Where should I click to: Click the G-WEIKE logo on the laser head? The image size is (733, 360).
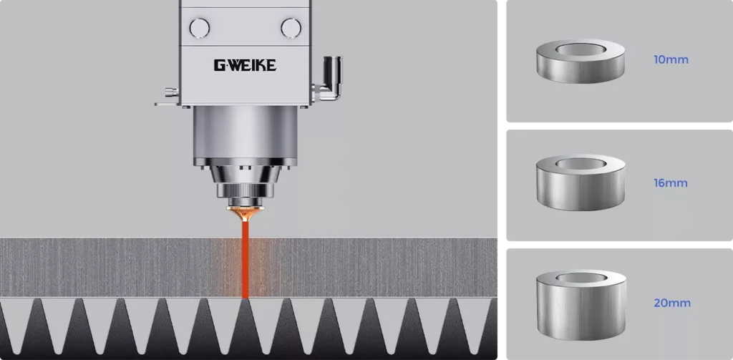click(x=244, y=66)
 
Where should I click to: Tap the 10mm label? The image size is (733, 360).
click(x=671, y=59)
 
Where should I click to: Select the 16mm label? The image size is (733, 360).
click(x=671, y=183)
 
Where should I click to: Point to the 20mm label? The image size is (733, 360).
click(x=672, y=303)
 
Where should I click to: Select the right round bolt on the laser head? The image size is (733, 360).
click(x=291, y=28)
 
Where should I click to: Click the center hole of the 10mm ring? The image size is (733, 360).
click(x=580, y=49)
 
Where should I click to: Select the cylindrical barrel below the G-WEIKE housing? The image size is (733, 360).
click(x=244, y=136)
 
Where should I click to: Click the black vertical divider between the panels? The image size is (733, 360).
click(x=501, y=179)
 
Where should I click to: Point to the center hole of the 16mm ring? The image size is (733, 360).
click(x=580, y=162)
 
